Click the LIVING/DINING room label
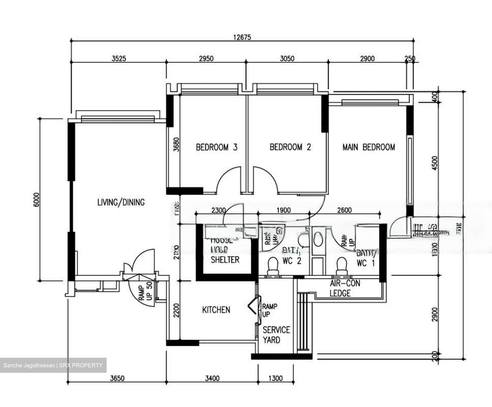click(121, 202)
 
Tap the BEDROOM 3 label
click(216, 147)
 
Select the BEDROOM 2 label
click(290, 147)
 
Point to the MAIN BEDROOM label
click(369, 147)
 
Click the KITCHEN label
click(216, 310)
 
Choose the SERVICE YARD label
click(276, 335)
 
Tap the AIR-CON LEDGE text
click(344, 288)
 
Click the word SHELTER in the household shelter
click(225, 260)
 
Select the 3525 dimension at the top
click(119, 58)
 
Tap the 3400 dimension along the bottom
click(212, 378)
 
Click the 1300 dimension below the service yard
click(275, 378)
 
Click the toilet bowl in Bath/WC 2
click(273, 265)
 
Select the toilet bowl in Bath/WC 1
click(342, 265)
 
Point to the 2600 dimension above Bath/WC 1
click(344, 210)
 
